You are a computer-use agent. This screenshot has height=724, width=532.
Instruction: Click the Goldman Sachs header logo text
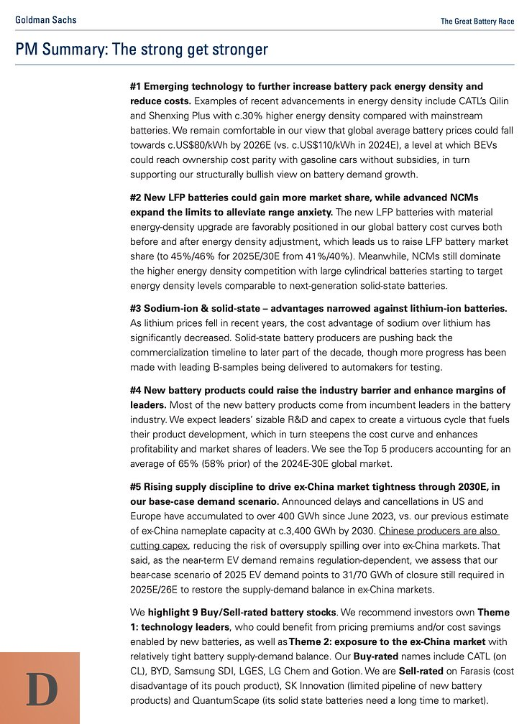coord(46,20)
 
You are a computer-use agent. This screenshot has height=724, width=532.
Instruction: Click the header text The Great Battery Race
coord(477,21)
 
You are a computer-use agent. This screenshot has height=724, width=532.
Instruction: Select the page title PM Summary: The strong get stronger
coord(142,50)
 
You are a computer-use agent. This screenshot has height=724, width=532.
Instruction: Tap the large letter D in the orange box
coord(40,690)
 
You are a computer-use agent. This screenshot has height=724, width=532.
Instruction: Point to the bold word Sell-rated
coord(418,671)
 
